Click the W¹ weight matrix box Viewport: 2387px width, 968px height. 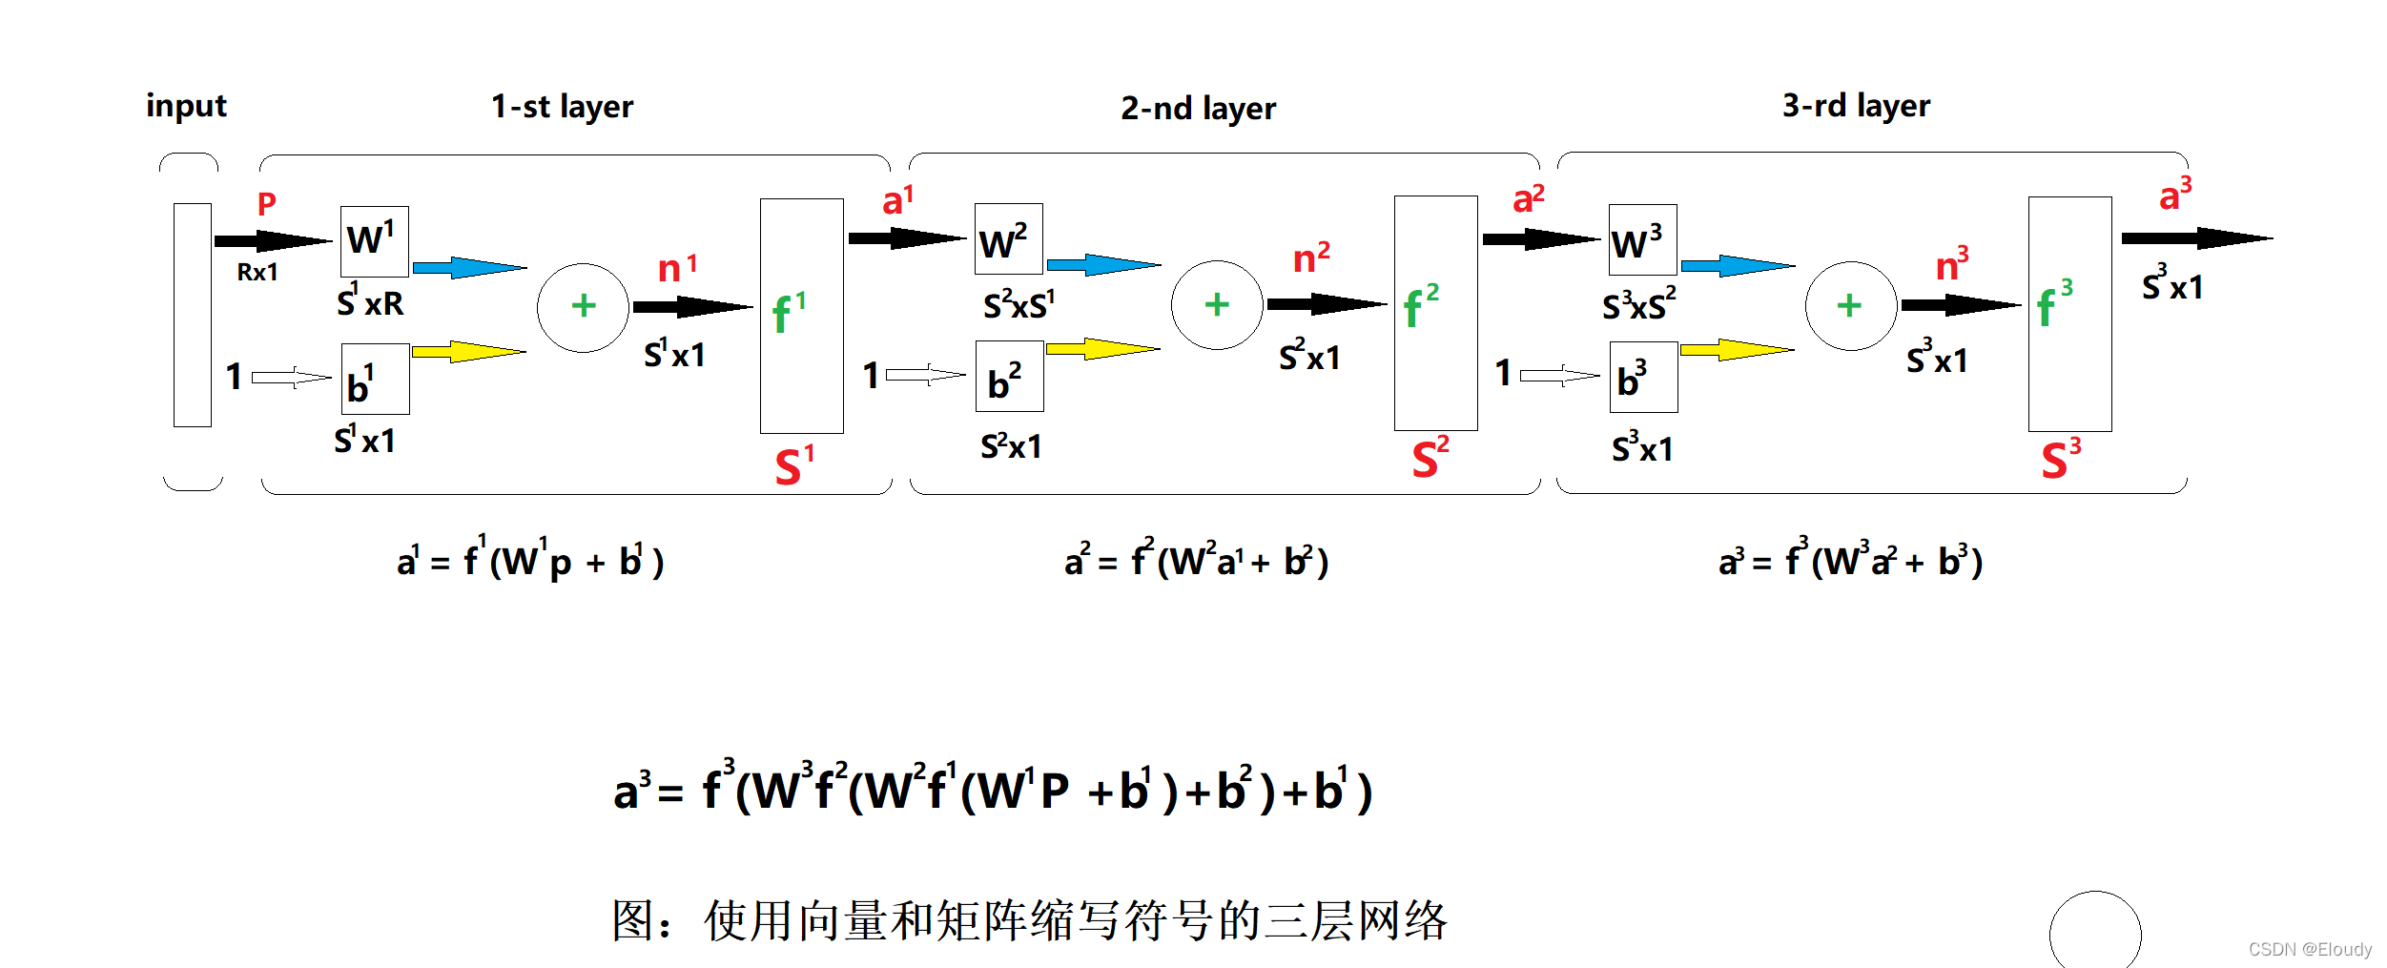[374, 240]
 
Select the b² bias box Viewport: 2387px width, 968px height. [1009, 377]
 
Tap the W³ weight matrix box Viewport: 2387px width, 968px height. [1642, 240]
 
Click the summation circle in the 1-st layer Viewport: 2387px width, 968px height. [583, 307]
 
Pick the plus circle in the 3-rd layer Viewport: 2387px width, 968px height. [1850, 306]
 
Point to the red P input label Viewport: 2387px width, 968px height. [267, 203]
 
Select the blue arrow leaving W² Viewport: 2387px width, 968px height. [1103, 265]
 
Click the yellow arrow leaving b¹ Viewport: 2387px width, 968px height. [467, 352]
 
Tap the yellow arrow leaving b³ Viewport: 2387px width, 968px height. [1736, 350]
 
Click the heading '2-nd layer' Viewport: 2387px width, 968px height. [1198, 109]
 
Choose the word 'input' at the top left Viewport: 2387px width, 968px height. [186, 106]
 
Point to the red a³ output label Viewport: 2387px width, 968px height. [2174, 194]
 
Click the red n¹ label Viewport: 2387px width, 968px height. [677, 268]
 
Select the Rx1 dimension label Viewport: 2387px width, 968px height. [257, 273]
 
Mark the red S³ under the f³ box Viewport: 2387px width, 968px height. [2060, 460]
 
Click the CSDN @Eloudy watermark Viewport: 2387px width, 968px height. [2309, 949]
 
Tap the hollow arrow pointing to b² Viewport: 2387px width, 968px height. [925, 375]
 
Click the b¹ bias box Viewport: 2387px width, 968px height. [375, 380]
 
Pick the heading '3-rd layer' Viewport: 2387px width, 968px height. [1855, 106]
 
